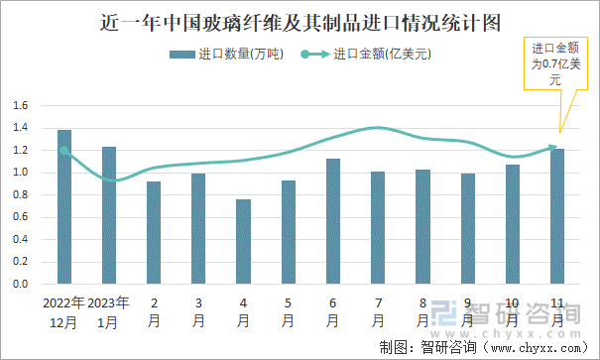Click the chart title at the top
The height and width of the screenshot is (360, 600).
point(300,21)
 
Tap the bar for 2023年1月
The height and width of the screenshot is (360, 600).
point(109,215)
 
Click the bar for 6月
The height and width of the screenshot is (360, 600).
point(333,221)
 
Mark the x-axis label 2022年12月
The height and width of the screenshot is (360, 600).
point(64,311)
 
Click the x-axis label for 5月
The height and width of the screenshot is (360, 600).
point(289,311)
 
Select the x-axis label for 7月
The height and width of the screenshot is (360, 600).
point(378,311)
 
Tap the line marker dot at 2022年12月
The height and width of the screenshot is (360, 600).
point(64,151)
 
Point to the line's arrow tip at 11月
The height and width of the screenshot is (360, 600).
point(555,148)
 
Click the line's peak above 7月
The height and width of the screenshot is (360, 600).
point(378,127)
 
